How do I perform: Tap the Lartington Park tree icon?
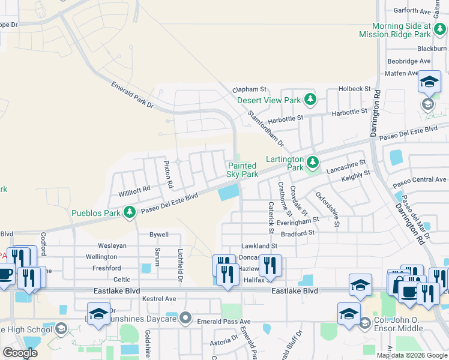click(312, 162)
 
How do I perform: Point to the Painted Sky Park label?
click(243, 170)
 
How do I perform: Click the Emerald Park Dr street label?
click(132, 95)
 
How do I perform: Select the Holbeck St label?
click(354, 88)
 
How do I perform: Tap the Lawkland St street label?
click(259, 245)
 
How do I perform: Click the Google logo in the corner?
click(20, 353)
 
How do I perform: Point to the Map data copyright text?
click(411, 355)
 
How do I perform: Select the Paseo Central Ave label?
click(420, 179)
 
